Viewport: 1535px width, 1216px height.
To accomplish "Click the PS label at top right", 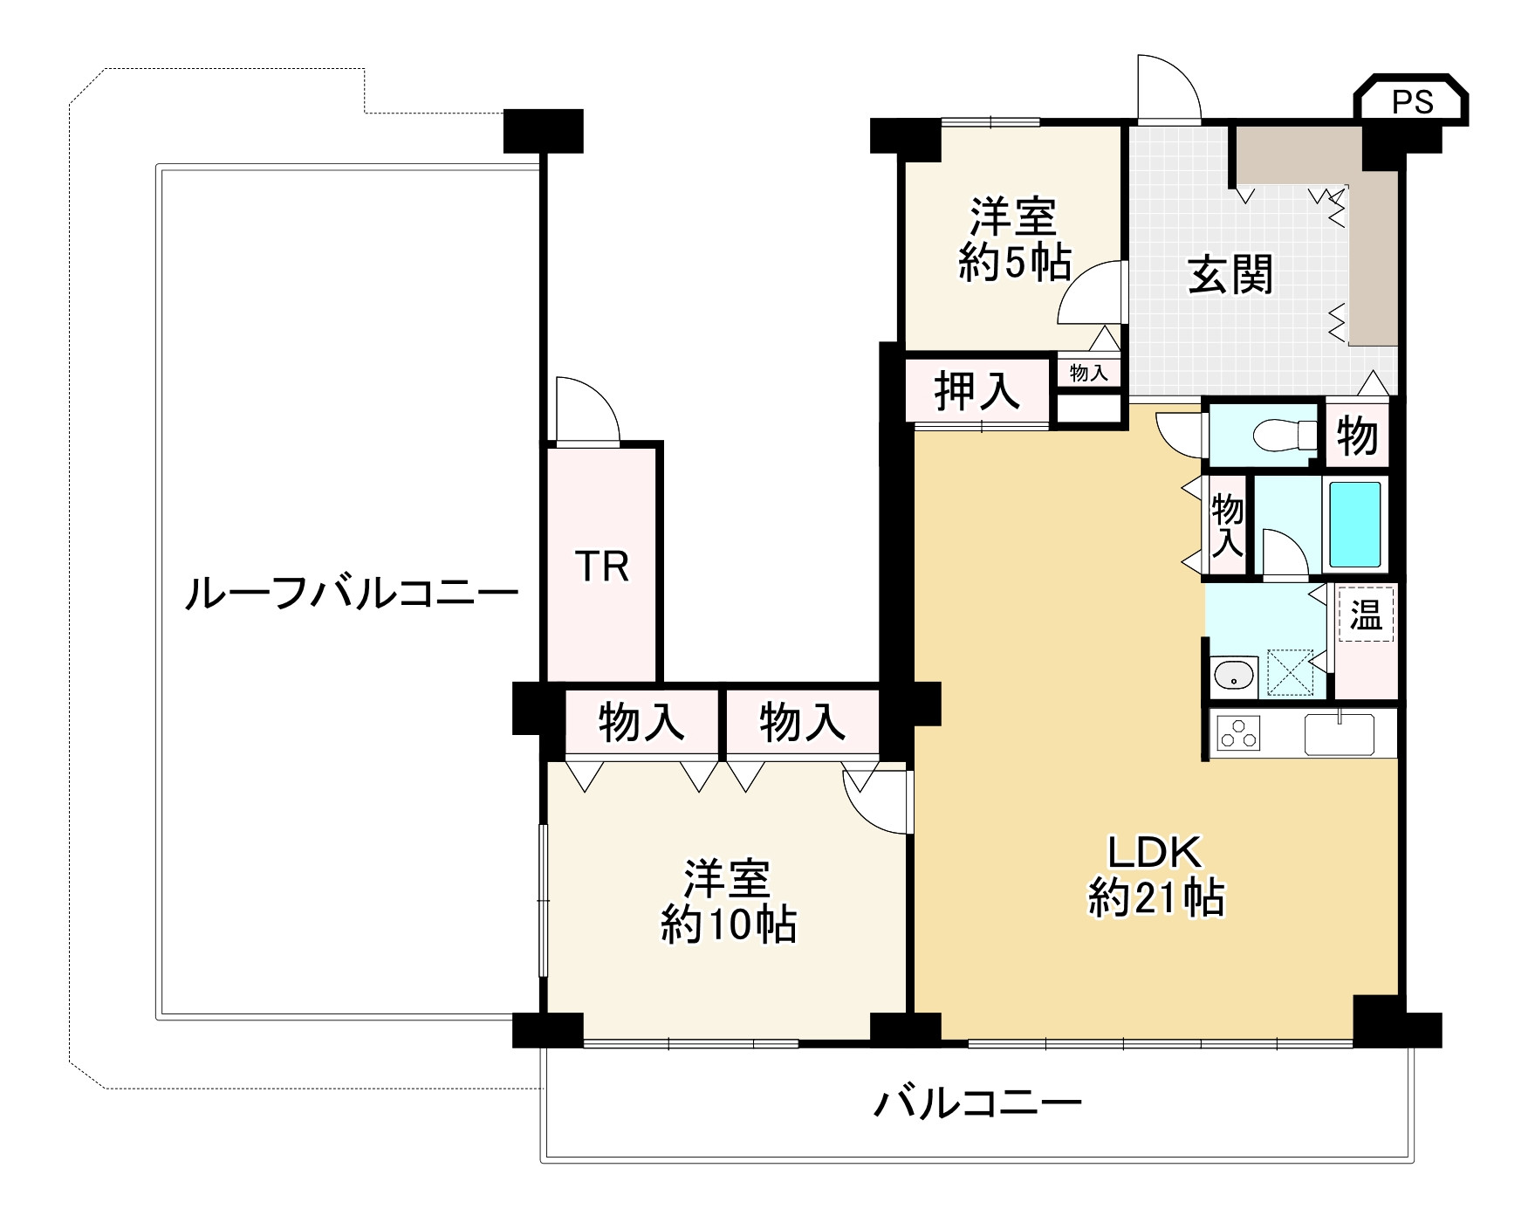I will click(1412, 103).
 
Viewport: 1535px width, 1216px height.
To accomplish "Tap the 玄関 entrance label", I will click(1231, 275).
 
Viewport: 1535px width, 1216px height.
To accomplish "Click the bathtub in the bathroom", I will click(1354, 524).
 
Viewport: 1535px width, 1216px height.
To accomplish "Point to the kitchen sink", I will click(1339, 733).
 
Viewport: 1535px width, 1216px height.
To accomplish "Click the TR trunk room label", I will click(602, 567).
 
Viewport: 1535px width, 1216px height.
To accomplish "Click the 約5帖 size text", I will click(1015, 261).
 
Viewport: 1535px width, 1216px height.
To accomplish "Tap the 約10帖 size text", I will click(728, 924).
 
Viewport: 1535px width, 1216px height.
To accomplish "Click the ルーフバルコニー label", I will click(351, 595).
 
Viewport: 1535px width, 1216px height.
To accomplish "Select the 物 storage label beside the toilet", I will click(1358, 435).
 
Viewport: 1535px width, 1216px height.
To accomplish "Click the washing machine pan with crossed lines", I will click(1290, 672).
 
